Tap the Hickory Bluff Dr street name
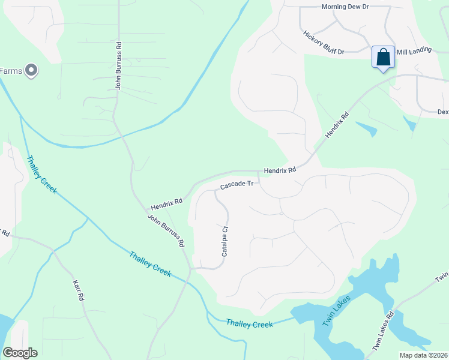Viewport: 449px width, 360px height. point(324,43)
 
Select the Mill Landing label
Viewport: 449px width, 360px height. point(414,50)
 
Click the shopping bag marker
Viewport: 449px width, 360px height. point(383,58)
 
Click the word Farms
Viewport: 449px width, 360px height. point(11,71)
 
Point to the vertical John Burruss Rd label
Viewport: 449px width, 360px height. point(119,65)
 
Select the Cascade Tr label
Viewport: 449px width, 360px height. point(238,184)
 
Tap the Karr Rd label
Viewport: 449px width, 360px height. point(77,290)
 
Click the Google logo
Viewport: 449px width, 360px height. point(20,353)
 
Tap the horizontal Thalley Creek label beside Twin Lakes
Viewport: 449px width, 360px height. point(249,324)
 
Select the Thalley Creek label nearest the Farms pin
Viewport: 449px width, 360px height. point(41,174)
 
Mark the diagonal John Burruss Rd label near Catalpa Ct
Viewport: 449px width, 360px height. point(166,232)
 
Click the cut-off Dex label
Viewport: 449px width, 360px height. point(442,112)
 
